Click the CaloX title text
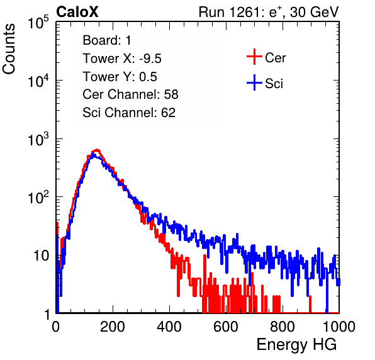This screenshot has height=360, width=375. [x=77, y=12]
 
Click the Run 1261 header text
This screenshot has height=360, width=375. [x=269, y=12]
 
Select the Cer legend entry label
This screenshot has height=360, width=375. [x=275, y=58]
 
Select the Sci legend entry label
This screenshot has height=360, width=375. [x=274, y=84]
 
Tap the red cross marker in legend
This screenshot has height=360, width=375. [x=254, y=57]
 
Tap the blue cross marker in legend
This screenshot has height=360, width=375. [x=254, y=83]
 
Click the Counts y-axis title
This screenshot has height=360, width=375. [x=9, y=49]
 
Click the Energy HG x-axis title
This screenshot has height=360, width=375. [x=296, y=345]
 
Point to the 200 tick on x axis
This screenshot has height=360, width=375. [x=113, y=327]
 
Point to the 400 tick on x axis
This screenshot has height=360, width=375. [x=169, y=327]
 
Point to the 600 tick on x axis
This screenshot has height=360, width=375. [x=226, y=327]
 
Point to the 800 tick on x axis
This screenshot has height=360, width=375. [x=283, y=327]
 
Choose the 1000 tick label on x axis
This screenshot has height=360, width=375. [x=339, y=327]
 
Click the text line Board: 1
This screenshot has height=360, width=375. [x=107, y=40]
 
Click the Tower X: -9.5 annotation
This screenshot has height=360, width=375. [x=122, y=59]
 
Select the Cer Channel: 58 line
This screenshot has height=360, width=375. [x=130, y=94]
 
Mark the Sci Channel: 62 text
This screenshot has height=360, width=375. [x=129, y=113]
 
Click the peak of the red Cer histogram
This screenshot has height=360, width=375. [x=97, y=150]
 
